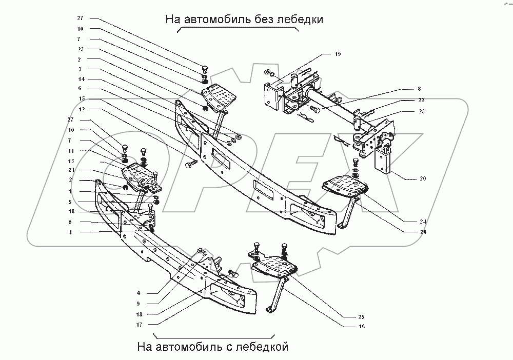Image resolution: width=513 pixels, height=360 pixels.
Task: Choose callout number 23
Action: pos(81,49)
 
